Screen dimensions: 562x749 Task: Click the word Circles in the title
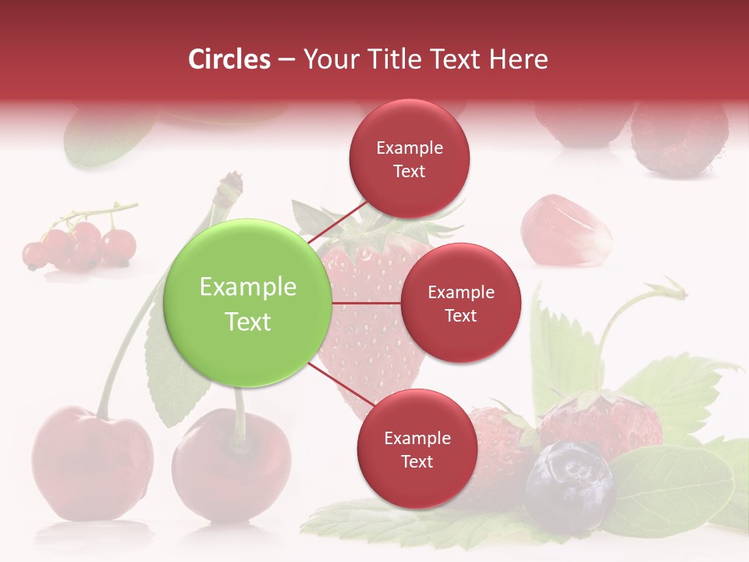tap(229, 59)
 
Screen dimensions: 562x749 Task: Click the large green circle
tap(248, 303)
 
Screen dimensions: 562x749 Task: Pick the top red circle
tap(410, 158)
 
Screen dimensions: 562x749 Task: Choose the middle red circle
tap(461, 303)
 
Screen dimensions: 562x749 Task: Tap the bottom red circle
tap(417, 449)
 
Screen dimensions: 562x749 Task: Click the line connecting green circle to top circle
tap(339, 222)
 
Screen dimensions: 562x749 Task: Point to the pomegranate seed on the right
tap(566, 229)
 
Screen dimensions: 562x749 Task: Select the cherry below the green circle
tap(232, 464)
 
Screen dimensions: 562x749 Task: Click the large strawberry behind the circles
tap(374, 328)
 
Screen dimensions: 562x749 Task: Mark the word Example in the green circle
tap(248, 287)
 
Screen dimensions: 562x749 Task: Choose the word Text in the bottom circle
tap(417, 461)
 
